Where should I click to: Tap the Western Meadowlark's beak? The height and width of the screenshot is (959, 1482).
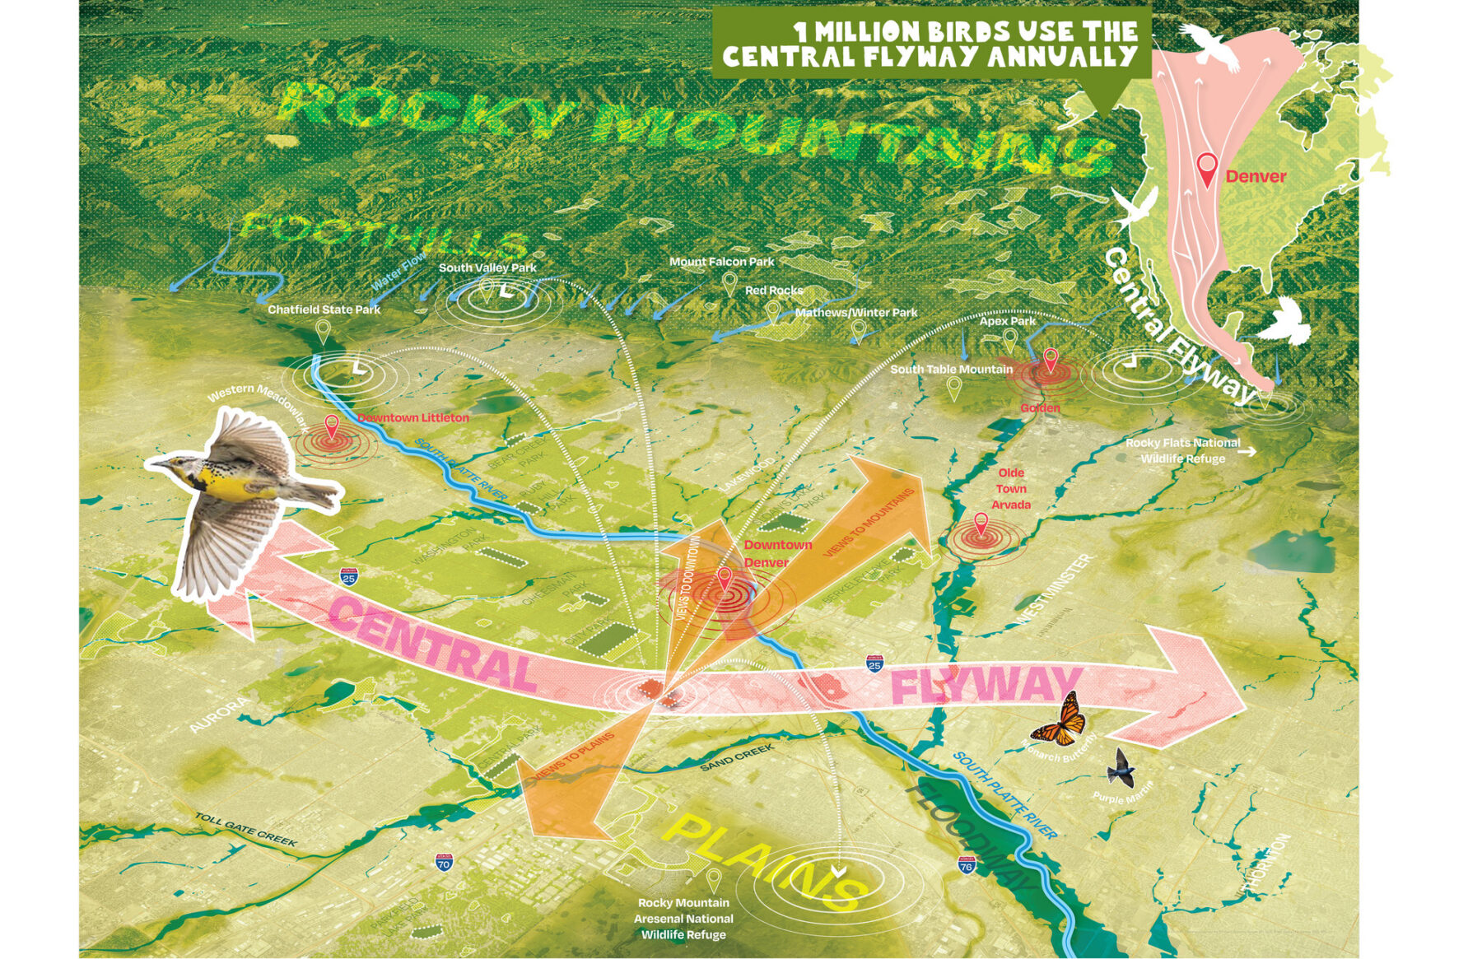point(154,463)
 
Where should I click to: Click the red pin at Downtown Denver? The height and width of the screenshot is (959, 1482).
point(725,578)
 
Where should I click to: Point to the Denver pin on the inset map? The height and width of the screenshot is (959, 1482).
point(1207,168)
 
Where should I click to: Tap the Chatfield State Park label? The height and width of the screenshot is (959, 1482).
point(324,310)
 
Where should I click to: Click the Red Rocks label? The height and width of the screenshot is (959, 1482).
point(773,291)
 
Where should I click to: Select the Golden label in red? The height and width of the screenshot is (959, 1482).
point(1040,407)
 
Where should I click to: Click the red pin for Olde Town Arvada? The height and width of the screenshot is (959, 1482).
point(981,524)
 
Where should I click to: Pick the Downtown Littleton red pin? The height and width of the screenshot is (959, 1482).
point(332,426)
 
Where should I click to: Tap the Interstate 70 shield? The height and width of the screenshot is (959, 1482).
point(444,862)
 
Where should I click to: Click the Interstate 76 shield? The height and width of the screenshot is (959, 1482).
point(967,864)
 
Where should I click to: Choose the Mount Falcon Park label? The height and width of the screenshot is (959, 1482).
point(721,262)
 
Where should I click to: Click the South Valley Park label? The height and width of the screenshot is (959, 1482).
point(487,268)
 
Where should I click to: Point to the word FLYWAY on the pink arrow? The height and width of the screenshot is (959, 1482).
point(986,686)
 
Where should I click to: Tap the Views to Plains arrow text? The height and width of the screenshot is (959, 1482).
point(575,756)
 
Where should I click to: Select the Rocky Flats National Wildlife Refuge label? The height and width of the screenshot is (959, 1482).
point(1181,450)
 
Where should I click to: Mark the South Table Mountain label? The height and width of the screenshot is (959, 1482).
point(951,370)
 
